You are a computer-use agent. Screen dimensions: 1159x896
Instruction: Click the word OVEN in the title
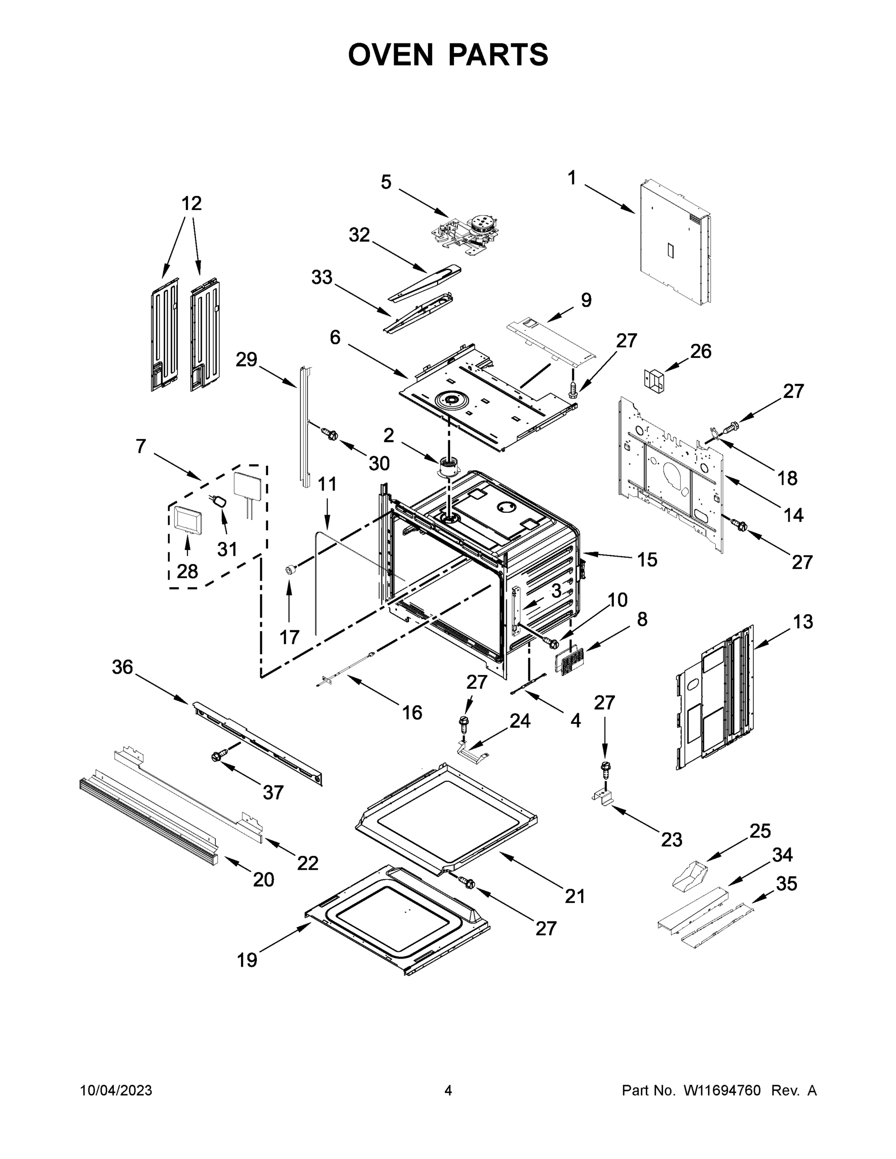pos(391,55)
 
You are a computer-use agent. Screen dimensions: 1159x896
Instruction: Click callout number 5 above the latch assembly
pos(386,182)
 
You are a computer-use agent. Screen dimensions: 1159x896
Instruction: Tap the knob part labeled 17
pos(290,570)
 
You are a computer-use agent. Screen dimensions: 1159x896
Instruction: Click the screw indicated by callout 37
pos(218,756)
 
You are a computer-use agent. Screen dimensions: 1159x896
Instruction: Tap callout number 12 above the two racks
pos(192,203)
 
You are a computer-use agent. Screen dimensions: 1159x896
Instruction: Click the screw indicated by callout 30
pos(332,435)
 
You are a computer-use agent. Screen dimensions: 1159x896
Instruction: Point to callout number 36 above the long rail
pos(122,667)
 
